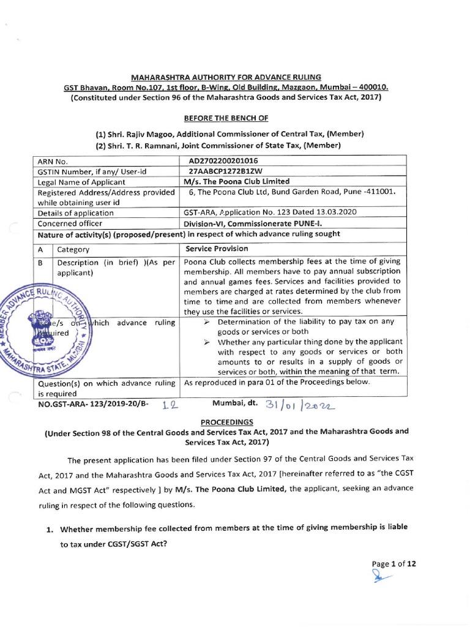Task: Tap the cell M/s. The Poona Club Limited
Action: [x=237, y=182]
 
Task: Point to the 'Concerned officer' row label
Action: [x=70, y=223]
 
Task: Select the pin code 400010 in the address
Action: [x=372, y=87]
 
